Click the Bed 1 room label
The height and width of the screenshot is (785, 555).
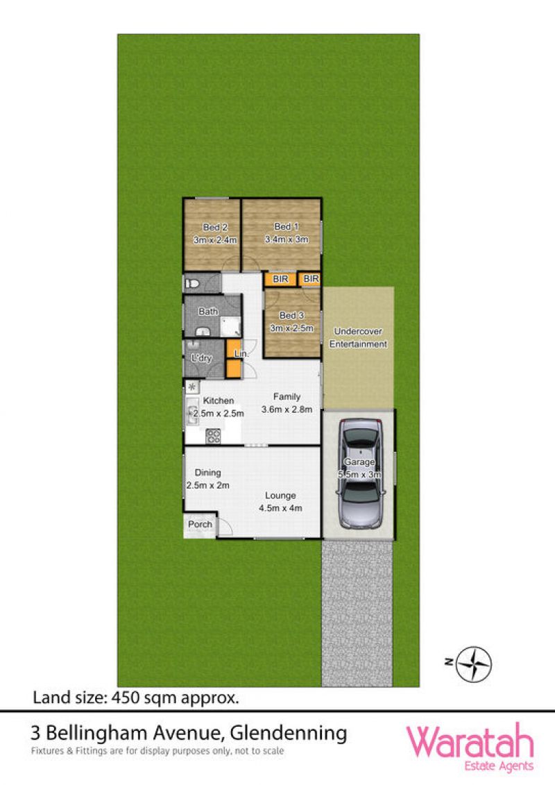coord(287,226)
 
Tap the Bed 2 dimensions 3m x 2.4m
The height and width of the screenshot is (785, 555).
coord(215,240)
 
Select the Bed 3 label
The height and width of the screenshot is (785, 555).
coord(292,315)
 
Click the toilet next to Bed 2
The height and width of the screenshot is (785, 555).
coord(192,284)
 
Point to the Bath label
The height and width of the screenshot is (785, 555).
coord(208,312)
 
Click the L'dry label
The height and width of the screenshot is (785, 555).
coord(202,358)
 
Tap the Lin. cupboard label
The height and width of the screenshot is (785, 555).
coord(241,353)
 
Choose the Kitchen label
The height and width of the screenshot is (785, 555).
coord(219,400)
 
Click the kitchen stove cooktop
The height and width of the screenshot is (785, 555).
coord(213,436)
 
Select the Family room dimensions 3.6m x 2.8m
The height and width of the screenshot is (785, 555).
coord(287,410)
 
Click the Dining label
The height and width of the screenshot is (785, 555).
coord(207,473)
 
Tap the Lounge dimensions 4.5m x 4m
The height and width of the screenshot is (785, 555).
coord(280,508)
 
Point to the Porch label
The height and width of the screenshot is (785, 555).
coord(200,524)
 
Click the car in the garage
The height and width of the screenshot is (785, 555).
coord(360,473)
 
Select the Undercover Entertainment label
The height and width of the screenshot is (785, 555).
coord(359,337)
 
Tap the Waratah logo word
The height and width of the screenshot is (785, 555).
coord(470,743)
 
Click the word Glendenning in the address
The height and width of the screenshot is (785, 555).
coord(289,734)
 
